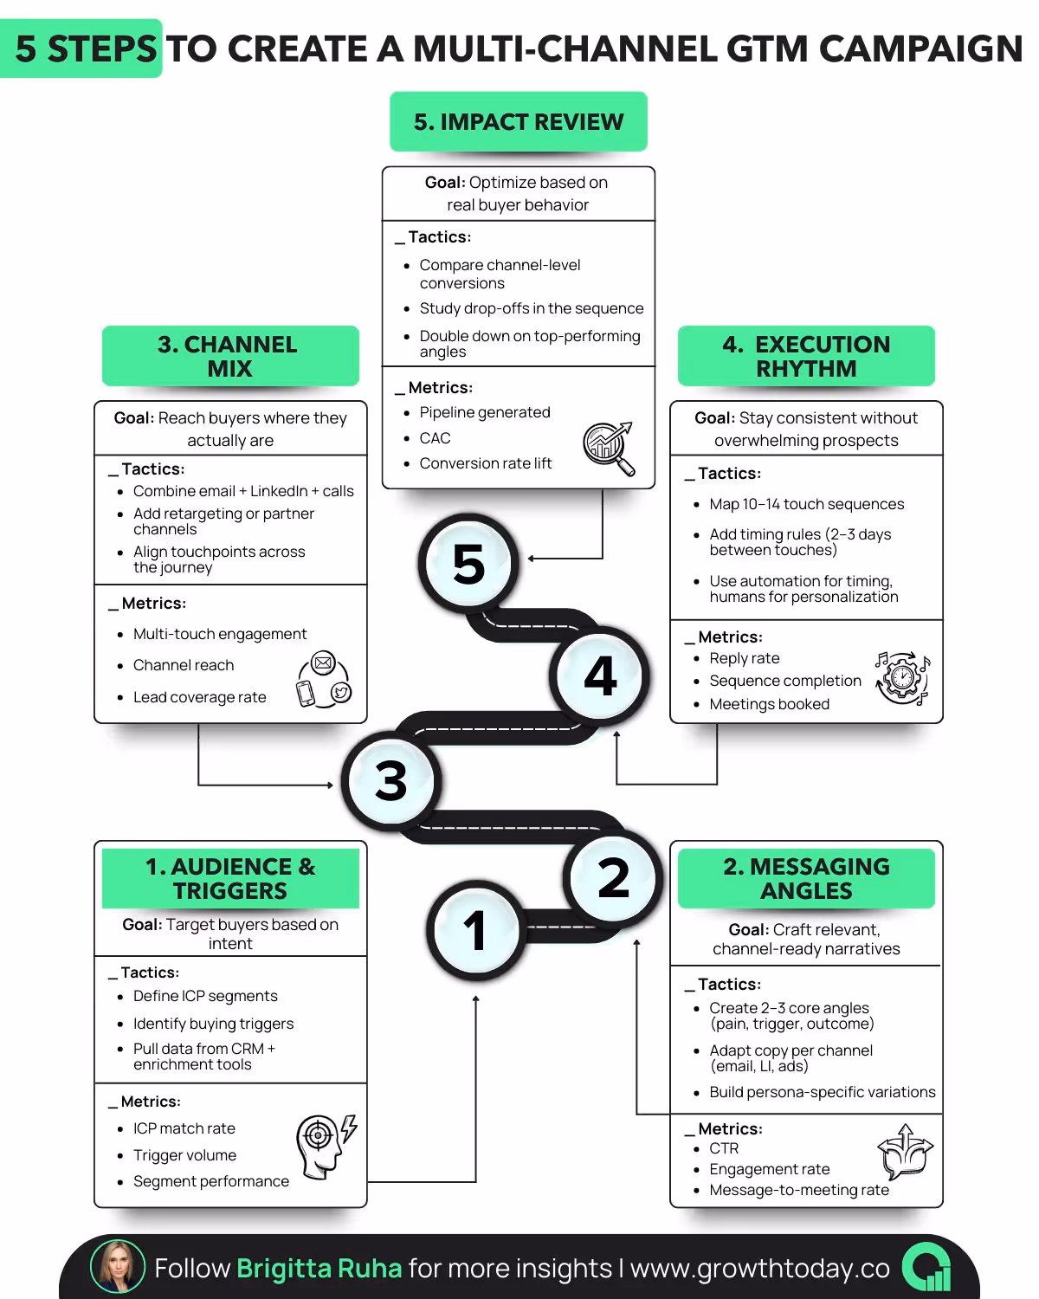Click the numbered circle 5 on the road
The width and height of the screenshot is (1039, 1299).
pos(468,564)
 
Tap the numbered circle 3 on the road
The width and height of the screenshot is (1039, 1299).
pos(391,781)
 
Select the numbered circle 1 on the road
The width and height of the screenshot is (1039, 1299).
pos(475,930)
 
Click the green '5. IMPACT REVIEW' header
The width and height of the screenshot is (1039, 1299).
pos(518,122)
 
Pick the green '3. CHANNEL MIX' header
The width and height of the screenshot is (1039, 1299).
pos(230,356)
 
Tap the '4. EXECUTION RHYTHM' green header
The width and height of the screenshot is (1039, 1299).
pos(806,356)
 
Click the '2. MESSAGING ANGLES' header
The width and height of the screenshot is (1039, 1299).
pos(806,878)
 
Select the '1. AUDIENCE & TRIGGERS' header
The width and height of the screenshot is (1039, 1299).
pos(230,878)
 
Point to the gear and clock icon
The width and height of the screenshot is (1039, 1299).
pos(902,678)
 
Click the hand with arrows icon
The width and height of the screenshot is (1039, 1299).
pos(905,1152)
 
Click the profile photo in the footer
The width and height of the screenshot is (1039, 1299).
pos(118,1267)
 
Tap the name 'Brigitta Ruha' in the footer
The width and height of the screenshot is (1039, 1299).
pos(319,1269)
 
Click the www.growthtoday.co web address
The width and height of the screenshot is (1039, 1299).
pos(759,1269)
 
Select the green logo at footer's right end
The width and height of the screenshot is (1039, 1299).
pos(926,1268)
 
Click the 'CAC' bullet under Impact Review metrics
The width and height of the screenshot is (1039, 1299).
pos(435,438)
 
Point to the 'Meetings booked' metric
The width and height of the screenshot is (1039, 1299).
pos(769,704)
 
